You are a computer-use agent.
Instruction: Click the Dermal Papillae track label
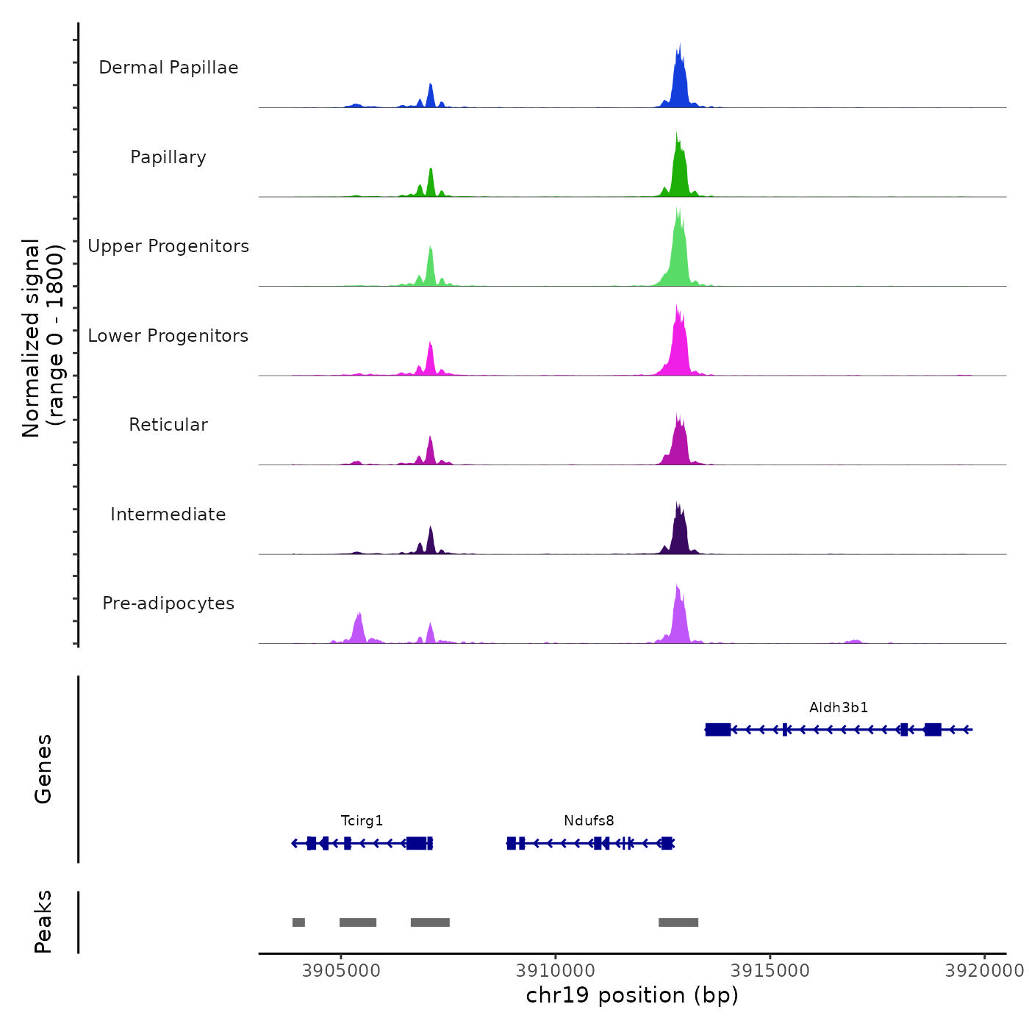coord(168,68)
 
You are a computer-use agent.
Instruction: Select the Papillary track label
coord(168,157)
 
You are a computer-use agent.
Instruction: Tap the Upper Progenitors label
coord(168,246)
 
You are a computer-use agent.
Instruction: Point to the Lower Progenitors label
coord(168,336)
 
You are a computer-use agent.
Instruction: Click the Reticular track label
coord(168,425)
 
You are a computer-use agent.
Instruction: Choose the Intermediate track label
coord(168,514)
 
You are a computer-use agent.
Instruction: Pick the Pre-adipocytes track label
coord(168,603)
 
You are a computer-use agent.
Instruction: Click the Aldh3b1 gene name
coord(839,708)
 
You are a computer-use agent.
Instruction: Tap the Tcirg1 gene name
coord(362,821)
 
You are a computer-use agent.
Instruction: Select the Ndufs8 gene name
coord(589,821)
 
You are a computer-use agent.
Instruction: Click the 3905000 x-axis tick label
coord(341,971)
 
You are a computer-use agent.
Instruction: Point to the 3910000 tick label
coord(556,971)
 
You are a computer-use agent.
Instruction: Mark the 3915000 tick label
coord(770,971)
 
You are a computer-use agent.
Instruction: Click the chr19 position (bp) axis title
coord(632,995)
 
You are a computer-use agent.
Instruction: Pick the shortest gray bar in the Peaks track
coord(298,922)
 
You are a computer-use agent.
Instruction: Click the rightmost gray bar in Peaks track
coord(678,922)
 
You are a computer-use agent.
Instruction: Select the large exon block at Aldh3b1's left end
coord(718,729)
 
